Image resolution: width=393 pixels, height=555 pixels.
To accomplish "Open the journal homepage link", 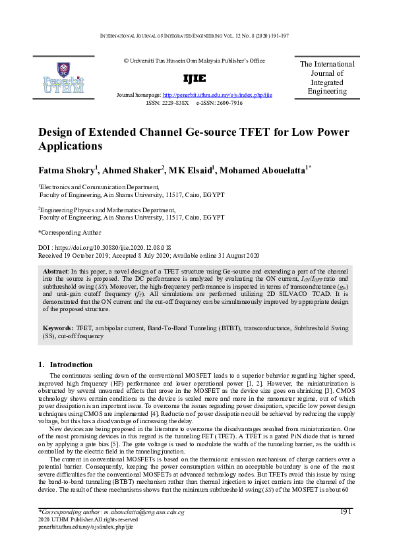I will [x=217, y=95].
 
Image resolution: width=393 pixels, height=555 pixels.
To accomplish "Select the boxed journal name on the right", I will [x=326, y=78].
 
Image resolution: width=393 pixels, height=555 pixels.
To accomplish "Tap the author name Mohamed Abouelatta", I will [x=264, y=170].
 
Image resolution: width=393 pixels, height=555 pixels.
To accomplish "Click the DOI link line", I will [x=105, y=247].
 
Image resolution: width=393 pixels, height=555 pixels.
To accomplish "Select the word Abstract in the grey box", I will [x=55, y=271].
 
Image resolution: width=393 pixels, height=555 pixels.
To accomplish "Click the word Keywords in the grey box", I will [x=57, y=328].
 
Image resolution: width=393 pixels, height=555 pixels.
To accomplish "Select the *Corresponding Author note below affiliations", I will [x=69, y=232].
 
